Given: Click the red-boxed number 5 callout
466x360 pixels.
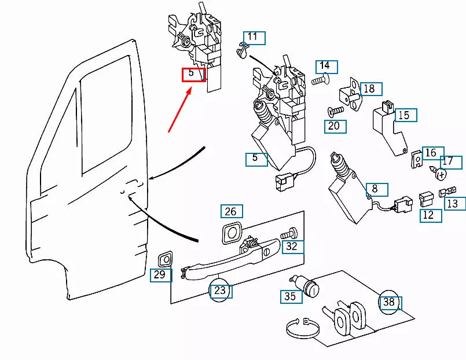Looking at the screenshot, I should pyautogui.click(x=194, y=74).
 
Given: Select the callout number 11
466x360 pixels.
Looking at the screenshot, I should pyautogui.click(x=254, y=38).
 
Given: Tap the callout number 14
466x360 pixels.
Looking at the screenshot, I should pyautogui.click(x=326, y=66).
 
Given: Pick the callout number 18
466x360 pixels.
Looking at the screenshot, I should pyautogui.click(x=369, y=89).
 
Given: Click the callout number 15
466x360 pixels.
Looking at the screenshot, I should pyautogui.click(x=405, y=115).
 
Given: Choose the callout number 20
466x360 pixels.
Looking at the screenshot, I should pyautogui.click(x=335, y=126).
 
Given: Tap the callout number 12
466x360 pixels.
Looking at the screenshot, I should pyautogui.click(x=430, y=215).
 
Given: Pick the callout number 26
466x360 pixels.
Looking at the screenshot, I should pyautogui.click(x=231, y=211).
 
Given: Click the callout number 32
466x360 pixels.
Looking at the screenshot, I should pyautogui.click(x=293, y=247).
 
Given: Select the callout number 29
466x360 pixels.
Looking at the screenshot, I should pyautogui.click(x=160, y=275).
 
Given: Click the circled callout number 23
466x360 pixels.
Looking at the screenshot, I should pyautogui.click(x=221, y=291).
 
